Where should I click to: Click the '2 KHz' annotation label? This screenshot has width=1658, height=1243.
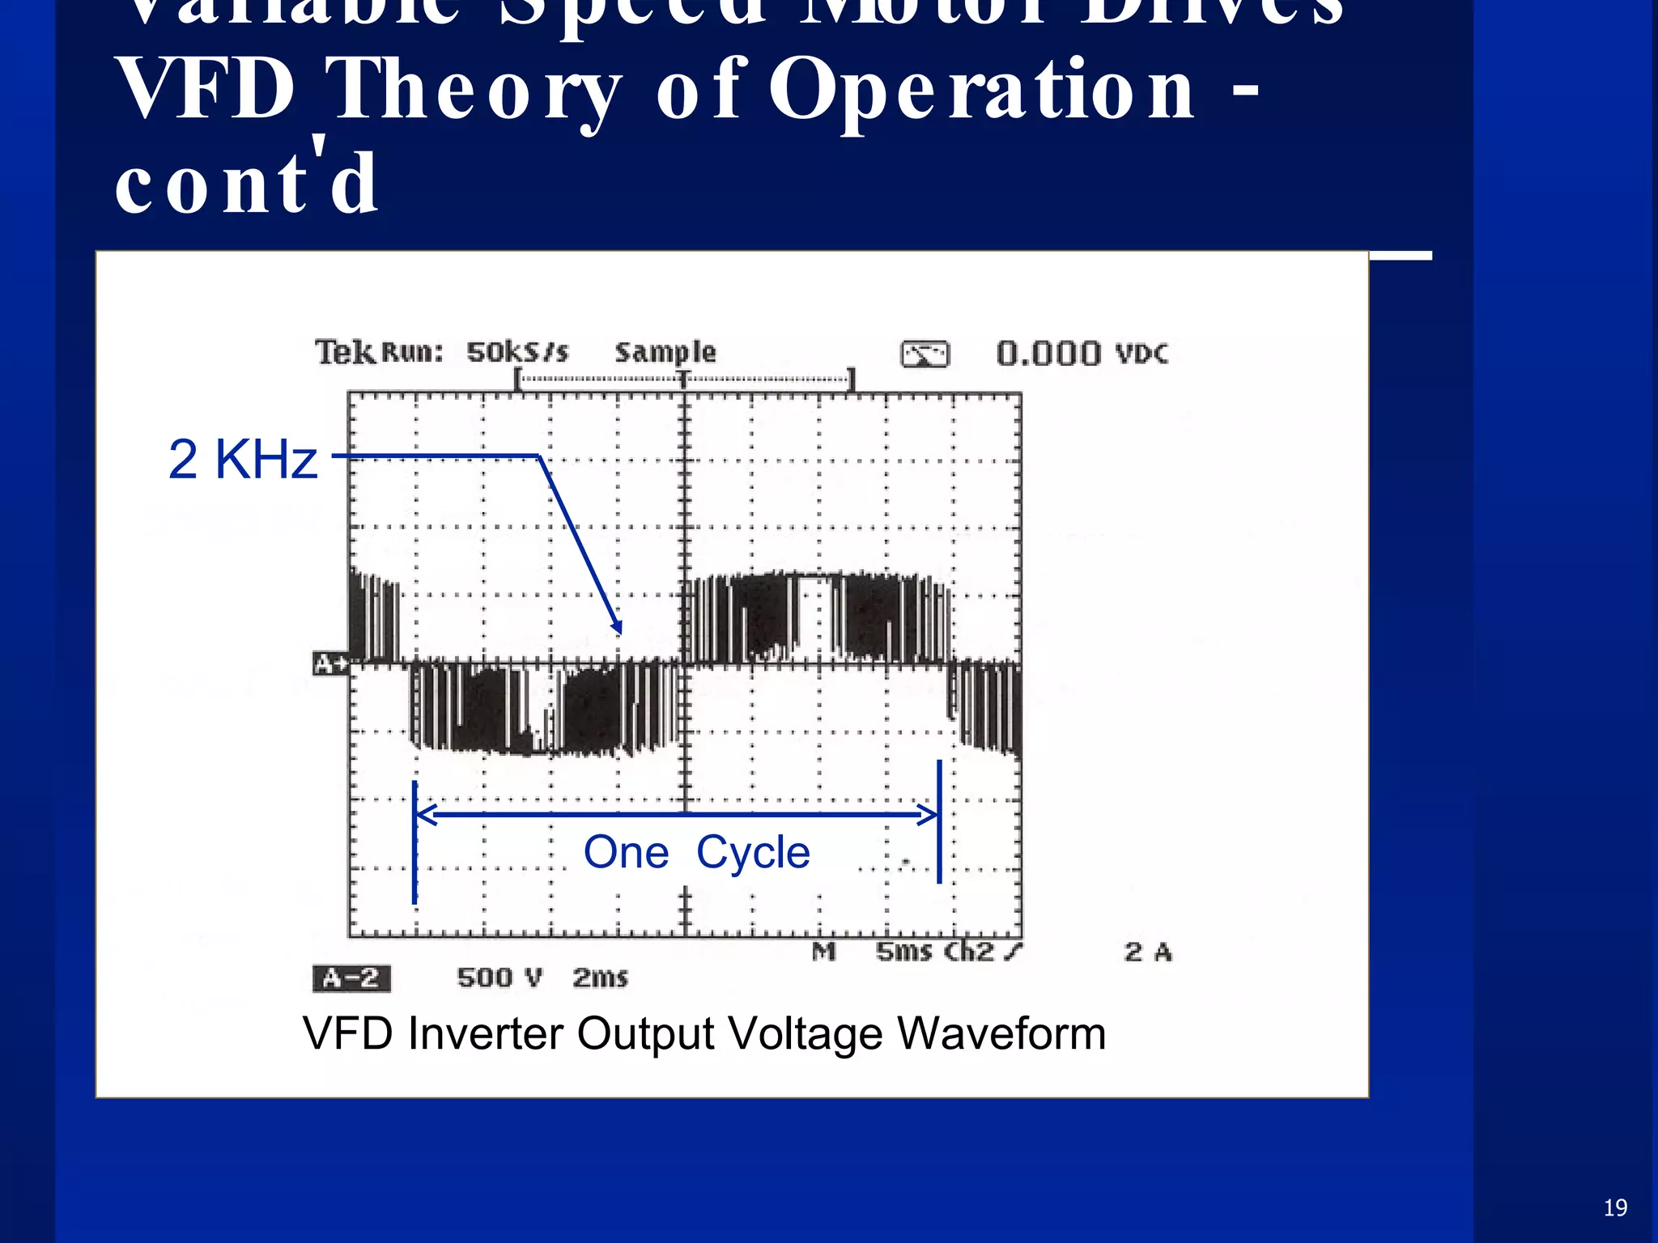point(243,460)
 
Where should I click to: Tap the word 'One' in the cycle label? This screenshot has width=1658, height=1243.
point(626,852)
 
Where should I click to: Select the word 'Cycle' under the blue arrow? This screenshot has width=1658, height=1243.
point(753,853)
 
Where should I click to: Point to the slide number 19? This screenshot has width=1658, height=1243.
point(1615,1208)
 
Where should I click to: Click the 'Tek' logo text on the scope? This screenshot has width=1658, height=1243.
point(344,353)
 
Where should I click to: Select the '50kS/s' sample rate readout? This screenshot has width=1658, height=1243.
point(517,353)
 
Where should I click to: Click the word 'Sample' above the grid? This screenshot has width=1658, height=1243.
point(665,353)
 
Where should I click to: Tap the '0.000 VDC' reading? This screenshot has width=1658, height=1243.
point(1082,354)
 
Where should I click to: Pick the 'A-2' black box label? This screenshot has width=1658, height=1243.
point(351,978)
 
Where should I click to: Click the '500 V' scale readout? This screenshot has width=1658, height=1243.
point(499,978)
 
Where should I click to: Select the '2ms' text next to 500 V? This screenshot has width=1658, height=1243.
point(600,978)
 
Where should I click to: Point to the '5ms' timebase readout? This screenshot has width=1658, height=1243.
point(903,952)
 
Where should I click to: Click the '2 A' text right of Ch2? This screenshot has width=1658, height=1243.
point(1148,952)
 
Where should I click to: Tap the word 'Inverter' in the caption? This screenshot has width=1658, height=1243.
point(485,1033)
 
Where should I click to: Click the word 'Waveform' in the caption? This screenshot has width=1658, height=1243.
point(1001,1033)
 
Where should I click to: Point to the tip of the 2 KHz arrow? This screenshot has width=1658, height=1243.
point(619,632)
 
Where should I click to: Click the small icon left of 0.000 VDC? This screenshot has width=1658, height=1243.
point(925,354)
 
